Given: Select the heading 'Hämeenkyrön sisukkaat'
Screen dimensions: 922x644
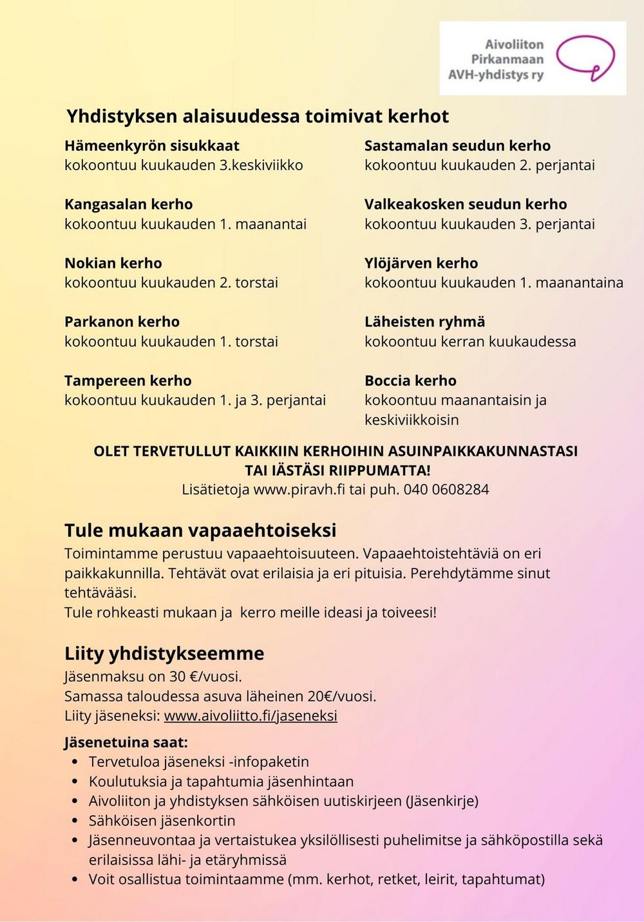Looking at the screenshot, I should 152,146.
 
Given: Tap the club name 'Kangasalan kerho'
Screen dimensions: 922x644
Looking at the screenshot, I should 129,204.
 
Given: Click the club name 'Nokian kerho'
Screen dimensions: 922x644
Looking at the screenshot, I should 113,263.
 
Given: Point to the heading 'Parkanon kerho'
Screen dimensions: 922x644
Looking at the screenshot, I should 122,321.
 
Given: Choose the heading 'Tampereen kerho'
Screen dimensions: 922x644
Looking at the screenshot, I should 128,381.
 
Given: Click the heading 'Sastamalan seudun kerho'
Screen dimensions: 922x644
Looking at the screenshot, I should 457,146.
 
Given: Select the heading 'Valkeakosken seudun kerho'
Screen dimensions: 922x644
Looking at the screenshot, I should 466,204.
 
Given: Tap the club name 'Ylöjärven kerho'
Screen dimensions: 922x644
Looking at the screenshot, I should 421,263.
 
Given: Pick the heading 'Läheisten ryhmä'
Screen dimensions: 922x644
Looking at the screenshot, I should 425,321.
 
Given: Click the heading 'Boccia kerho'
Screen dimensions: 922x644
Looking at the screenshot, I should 410,381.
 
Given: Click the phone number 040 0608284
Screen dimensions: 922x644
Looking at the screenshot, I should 446,489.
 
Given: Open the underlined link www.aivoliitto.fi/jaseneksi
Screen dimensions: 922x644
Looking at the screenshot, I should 251,716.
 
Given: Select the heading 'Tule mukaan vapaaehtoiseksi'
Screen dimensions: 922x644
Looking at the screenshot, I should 200,531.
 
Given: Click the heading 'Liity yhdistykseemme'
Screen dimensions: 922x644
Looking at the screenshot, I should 164,654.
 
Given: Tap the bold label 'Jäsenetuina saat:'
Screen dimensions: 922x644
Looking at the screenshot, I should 126,742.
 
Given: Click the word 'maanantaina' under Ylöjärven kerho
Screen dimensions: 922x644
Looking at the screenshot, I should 580,283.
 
